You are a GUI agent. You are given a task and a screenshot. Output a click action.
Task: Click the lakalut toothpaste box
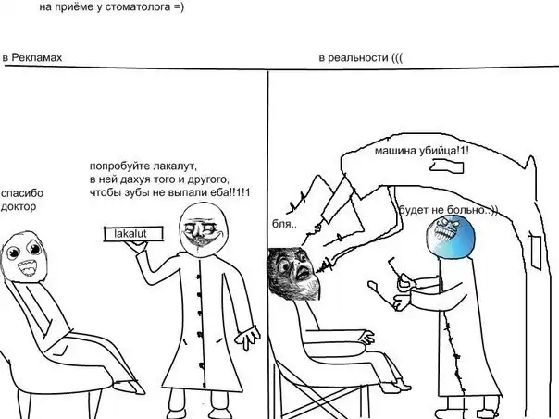tap(133, 234)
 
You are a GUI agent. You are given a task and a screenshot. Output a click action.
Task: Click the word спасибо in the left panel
tap(22, 193)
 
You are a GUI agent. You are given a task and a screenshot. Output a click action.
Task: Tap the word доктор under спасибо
tap(19, 206)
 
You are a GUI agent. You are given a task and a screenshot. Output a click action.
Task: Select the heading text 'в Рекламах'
tap(32, 57)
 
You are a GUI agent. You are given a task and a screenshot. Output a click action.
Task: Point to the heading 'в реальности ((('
tap(361, 58)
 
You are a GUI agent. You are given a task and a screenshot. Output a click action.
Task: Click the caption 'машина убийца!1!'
tap(422, 151)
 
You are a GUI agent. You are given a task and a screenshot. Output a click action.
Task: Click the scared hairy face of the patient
tap(293, 274)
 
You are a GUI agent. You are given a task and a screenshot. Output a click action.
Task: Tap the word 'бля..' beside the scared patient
tap(284, 225)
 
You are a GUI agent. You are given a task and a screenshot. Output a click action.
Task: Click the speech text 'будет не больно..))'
tap(448, 210)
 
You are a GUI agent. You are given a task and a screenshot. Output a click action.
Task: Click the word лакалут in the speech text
tap(175, 166)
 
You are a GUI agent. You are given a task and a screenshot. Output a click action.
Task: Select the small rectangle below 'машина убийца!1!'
tap(447, 166)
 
